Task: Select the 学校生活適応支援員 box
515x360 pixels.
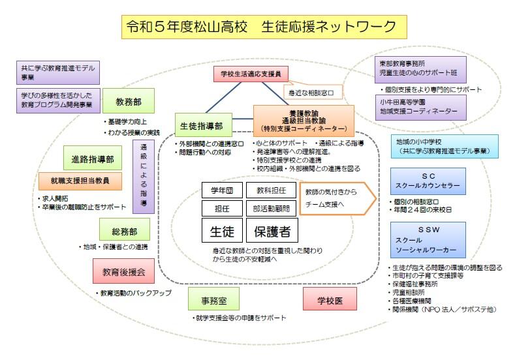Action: click(250, 74)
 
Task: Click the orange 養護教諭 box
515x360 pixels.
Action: click(304, 121)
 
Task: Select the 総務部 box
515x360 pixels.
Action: click(125, 229)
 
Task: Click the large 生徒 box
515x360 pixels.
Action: click(222, 231)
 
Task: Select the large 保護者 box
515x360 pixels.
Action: click(272, 231)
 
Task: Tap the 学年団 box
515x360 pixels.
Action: click(222, 190)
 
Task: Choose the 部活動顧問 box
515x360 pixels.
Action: click(272, 208)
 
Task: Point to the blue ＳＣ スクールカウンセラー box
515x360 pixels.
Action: click(428, 180)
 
